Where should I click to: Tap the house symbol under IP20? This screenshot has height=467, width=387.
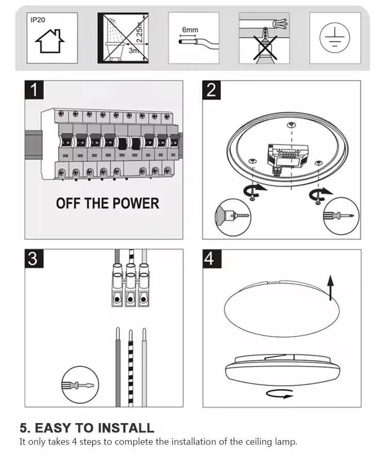[x=50, y=42]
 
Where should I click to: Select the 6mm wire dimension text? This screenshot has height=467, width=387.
[x=189, y=30]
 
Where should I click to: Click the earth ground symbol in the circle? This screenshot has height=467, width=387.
[x=334, y=38]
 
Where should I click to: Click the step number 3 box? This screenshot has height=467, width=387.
[x=34, y=258]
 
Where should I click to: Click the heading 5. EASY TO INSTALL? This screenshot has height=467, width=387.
[x=87, y=428]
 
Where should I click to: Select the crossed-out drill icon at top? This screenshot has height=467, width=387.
[x=264, y=39]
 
